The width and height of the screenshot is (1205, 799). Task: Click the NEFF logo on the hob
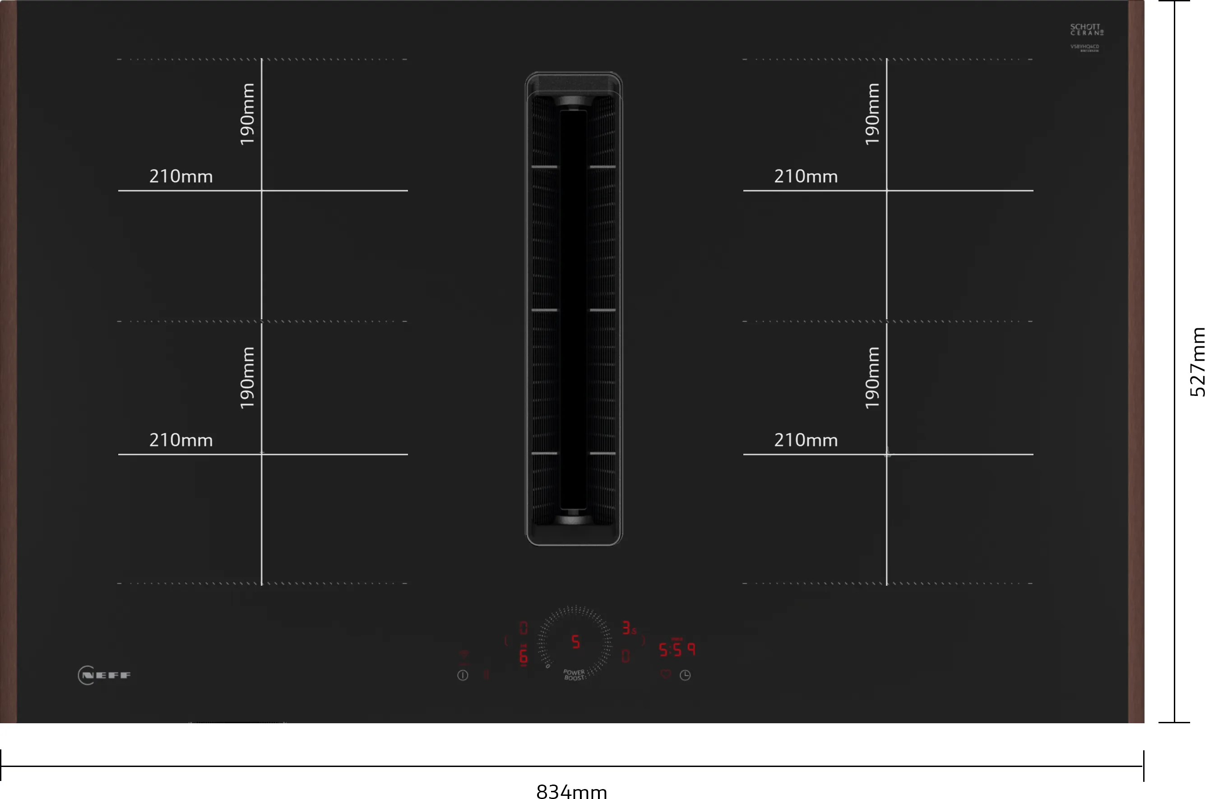coord(105,675)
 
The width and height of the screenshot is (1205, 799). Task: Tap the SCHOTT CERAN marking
coord(1086,30)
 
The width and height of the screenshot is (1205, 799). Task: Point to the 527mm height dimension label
coord(1197,362)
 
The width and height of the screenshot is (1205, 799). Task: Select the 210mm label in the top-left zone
coord(181,176)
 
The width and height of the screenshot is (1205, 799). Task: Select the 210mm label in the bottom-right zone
coord(806,440)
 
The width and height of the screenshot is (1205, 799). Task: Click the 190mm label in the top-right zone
coord(872,114)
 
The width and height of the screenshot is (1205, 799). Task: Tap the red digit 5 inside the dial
coord(576,642)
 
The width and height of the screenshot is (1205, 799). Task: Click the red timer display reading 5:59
coord(677,649)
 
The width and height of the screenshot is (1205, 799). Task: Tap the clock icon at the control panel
coord(685,675)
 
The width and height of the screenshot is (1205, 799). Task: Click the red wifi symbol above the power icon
coord(464,655)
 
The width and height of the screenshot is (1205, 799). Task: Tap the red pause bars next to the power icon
coord(486,675)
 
